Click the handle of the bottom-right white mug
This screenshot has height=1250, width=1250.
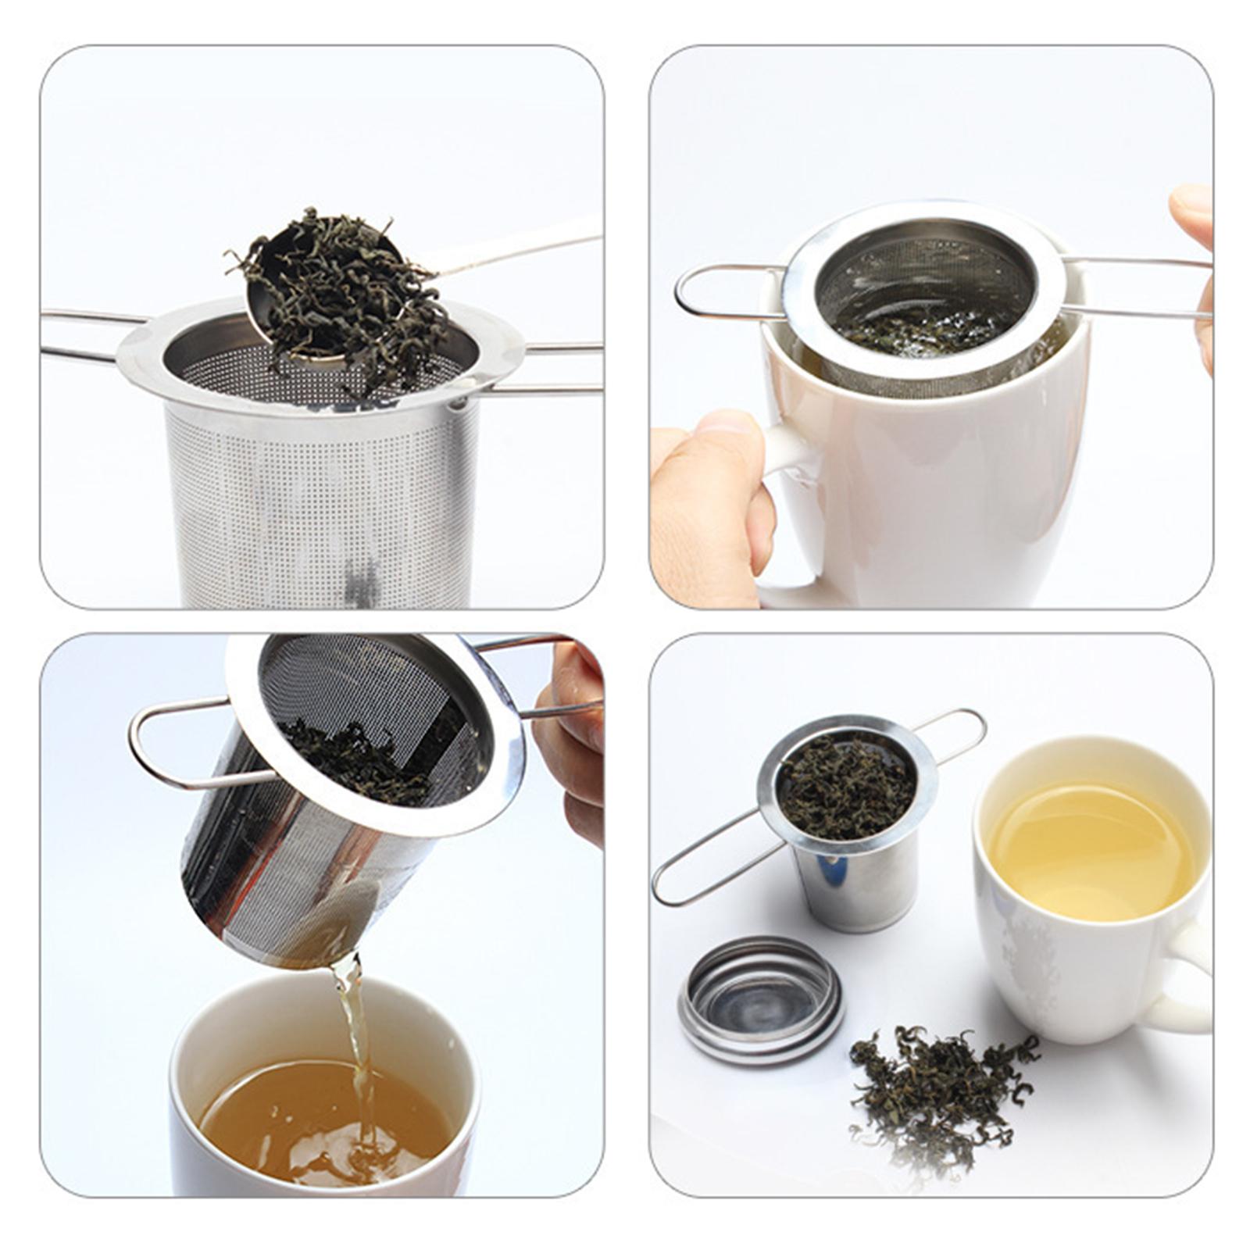click(x=1187, y=977)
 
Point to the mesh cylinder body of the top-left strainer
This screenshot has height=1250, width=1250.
click(x=320, y=500)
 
